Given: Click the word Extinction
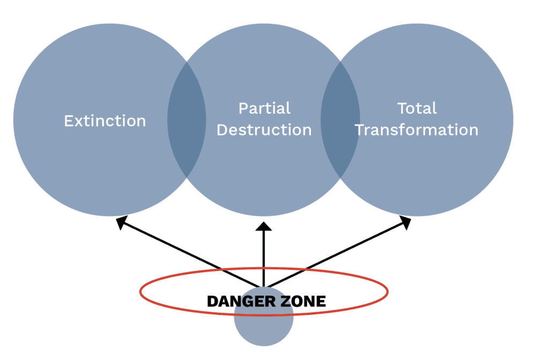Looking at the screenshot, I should click(x=105, y=121).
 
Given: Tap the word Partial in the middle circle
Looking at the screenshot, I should click(x=264, y=108).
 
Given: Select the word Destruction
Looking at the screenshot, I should click(x=264, y=130).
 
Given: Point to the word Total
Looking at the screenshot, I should click(x=417, y=108).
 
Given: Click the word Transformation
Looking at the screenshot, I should click(x=417, y=130).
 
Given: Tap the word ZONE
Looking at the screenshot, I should click(x=302, y=302).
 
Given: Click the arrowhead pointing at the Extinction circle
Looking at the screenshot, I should click(x=122, y=221).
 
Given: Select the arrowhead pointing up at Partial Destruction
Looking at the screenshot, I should click(x=264, y=226).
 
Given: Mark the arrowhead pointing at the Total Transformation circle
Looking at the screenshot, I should click(x=406, y=221).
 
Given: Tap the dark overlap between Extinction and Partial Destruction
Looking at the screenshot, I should click(x=187, y=119).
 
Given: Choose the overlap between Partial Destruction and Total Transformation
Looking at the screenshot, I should click(x=340, y=119).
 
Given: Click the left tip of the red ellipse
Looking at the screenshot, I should click(x=140, y=292).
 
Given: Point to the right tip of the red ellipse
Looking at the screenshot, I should click(x=388, y=292).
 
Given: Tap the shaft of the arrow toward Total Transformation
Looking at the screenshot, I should click(x=338, y=252).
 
